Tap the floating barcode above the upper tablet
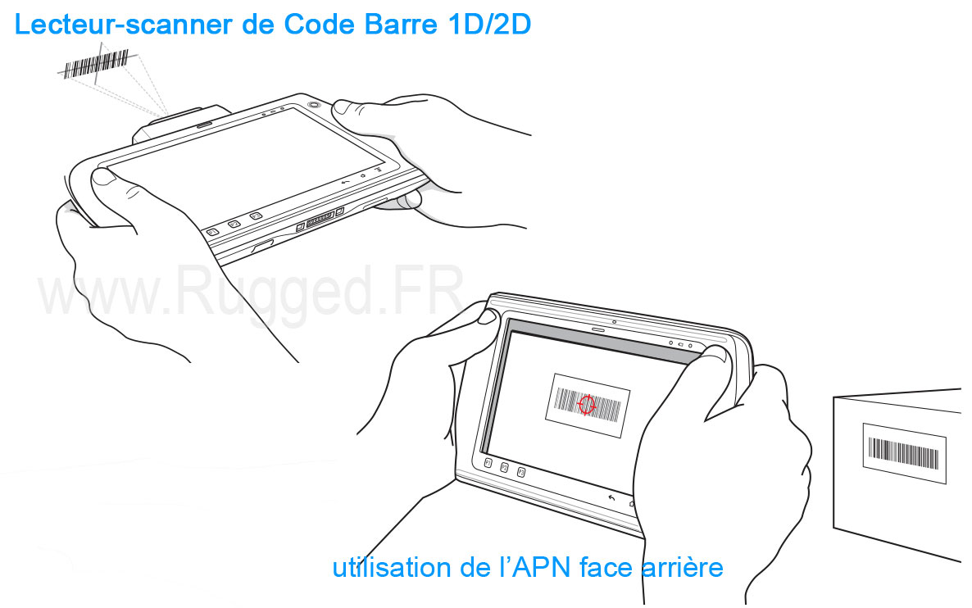coord(96,63)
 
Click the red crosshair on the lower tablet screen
coord(586,406)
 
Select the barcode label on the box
coord(905,454)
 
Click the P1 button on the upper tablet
coord(212,232)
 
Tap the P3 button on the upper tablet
coord(256,216)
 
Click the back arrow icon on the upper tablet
coord(345,182)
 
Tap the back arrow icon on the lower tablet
coord(612,497)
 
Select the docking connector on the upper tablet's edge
coord(320,219)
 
